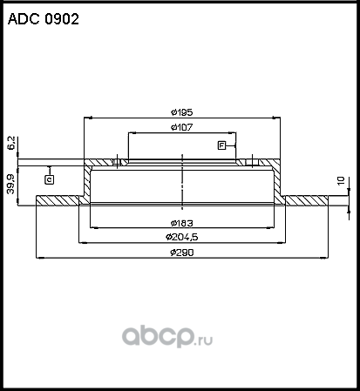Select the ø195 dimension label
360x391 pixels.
180,112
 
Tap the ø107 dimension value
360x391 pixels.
180,128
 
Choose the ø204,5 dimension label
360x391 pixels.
180,236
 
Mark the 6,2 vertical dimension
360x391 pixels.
11,142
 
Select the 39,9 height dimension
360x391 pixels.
11,183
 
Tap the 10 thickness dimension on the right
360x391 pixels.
343,181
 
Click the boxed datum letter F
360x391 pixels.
222,145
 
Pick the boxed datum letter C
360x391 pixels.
49,179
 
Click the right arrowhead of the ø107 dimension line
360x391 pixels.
234,133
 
